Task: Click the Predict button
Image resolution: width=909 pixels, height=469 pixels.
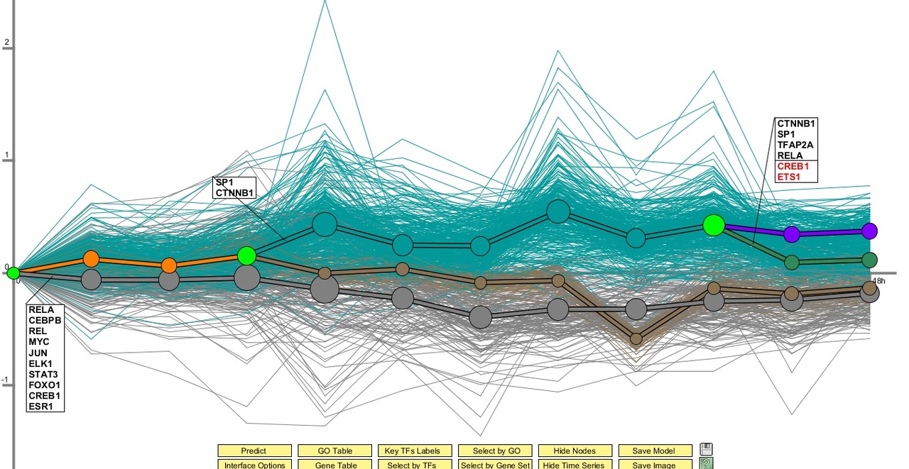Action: click(x=254, y=451)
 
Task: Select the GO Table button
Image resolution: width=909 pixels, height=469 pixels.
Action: click(x=334, y=451)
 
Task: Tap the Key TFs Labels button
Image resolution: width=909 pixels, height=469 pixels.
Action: click(x=413, y=451)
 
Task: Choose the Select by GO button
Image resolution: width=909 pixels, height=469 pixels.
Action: click(x=494, y=451)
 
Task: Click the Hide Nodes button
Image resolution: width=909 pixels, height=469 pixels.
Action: click(x=574, y=451)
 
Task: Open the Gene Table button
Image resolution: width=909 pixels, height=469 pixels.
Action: click(x=334, y=465)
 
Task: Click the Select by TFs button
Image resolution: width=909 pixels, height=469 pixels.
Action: click(x=413, y=465)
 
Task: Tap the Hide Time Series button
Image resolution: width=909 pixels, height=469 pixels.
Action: click(x=574, y=465)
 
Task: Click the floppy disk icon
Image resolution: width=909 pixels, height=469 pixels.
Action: click(x=706, y=449)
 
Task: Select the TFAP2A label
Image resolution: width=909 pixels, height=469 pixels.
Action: click(x=795, y=145)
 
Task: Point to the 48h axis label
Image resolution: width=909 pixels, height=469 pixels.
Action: click(x=878, y=281)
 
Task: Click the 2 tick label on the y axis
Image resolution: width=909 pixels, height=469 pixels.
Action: click(x=6, y=42)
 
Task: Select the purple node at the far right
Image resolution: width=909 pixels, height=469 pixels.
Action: click(x=869, y=231)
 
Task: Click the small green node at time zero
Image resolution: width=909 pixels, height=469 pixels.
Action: click(x=13, y=272)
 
